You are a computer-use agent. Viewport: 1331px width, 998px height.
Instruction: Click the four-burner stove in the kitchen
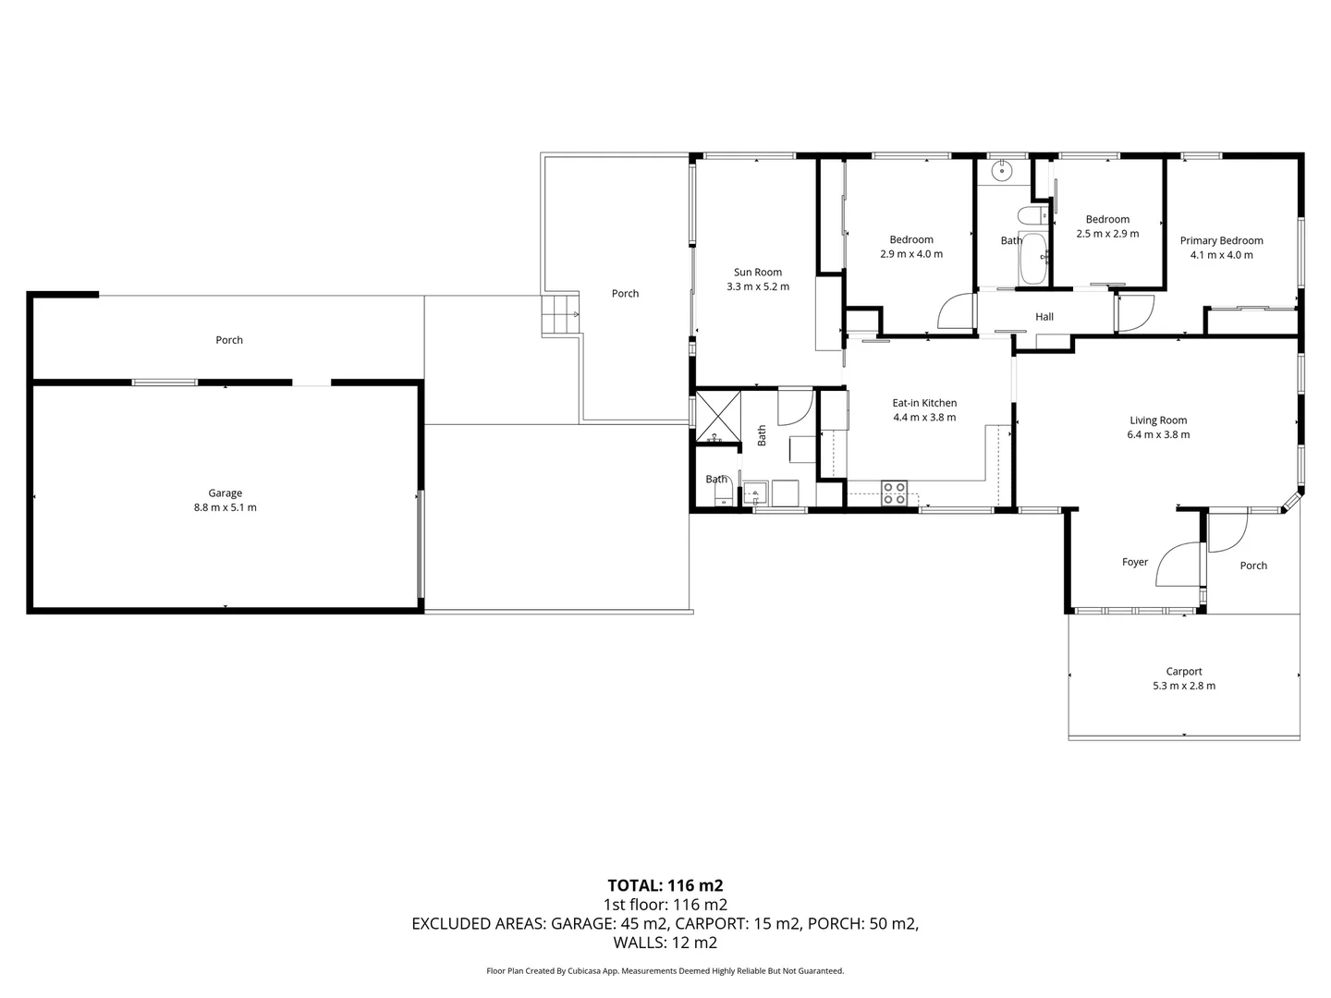click(x=894, y=493)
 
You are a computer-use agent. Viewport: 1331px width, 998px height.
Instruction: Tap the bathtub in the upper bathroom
click(x=1032, y=260)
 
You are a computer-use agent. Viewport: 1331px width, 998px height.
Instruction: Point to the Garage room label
click(x=225, y=493)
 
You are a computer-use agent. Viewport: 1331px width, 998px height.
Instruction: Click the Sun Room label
click(x=758, y=272)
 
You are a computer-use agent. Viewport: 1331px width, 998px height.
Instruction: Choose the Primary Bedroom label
click(x=1221, y=240)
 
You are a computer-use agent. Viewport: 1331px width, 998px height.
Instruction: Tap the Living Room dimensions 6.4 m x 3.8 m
click(x=1158, y=434)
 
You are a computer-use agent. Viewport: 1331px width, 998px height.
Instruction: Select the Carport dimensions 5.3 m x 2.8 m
click(x=1184, y=686)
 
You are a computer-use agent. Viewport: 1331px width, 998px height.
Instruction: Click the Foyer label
click(x=1135, y=562)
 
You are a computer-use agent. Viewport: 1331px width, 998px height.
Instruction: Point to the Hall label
click(x=1044, y=317)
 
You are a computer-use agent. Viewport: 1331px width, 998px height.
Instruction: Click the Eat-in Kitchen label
click(x=924, y=403)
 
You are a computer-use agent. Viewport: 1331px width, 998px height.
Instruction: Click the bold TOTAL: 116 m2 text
click(x=665, y=885)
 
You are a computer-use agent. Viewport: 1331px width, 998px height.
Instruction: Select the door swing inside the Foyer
click(x=1179, y=566)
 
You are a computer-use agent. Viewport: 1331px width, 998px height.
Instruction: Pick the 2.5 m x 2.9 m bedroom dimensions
click(x=1107, y=234)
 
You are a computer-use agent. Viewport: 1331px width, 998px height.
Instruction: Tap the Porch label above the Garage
click(x=229, y=340)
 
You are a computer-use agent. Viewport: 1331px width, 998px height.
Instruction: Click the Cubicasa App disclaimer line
click(x=665, y=971)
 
